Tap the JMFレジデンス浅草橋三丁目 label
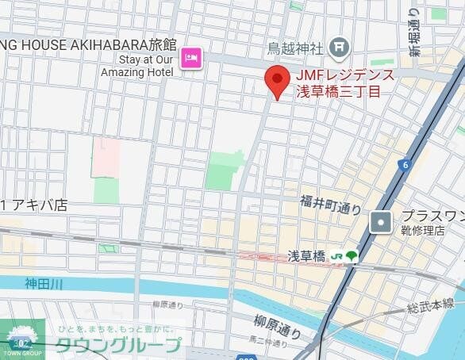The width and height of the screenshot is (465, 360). tap(344, 83)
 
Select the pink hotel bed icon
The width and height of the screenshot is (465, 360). tap(191, 57)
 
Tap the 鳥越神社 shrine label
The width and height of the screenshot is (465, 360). tap(295, 48)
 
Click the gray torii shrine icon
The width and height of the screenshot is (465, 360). tap(340, 48)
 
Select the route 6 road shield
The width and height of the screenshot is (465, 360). tap(405, 165)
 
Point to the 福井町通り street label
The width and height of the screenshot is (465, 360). tap(331, 205)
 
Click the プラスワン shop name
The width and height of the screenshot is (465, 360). tap(432, 216)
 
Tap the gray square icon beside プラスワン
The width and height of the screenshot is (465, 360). tap(382, 223)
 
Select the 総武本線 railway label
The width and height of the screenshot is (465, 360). tap(431, 303)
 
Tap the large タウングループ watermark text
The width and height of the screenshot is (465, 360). tap(118, 345)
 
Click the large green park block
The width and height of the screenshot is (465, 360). tap(224, 170)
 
